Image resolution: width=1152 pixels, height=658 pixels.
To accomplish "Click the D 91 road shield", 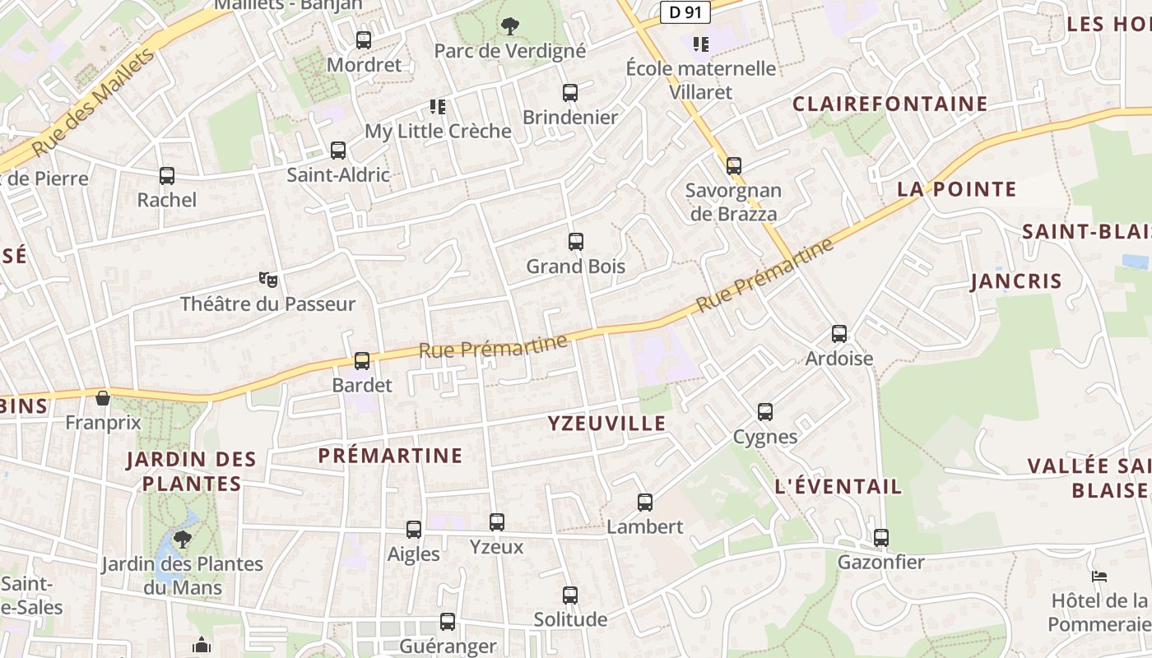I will (x=685, y=12).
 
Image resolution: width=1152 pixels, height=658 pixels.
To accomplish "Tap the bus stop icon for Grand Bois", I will (x=576, y=242).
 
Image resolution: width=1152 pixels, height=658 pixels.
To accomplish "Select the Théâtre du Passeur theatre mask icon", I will (x=267, y=280).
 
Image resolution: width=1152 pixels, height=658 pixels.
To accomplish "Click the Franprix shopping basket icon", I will (x=103, y=398).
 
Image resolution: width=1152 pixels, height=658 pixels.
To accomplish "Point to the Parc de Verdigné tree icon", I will (x=510, y=26).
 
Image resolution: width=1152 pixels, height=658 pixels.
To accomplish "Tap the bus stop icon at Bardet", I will (x=362, y=361).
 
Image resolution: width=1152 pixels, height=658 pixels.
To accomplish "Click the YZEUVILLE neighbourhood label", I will (x=606, y=424).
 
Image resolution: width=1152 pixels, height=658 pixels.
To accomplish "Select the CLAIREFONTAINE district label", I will (x=889, y=104).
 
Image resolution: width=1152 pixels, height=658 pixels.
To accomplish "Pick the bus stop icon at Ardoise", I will (x=839, y=334).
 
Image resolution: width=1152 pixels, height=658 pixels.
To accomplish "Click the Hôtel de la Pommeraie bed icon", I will (x=1099, y=577).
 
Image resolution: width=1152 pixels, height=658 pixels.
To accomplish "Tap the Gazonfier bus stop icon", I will (x=881, y=538).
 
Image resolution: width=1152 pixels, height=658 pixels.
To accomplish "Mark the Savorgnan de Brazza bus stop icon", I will (x=734, y=166).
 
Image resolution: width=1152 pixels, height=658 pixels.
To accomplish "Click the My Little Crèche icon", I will (x=438, y=106).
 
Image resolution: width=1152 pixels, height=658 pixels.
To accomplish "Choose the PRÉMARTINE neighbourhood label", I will (x=390, y=455).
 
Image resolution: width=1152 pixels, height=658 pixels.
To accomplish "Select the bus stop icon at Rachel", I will (x=167, y=176).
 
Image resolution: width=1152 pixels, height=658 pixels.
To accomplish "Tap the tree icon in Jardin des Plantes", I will (x=182, y=539).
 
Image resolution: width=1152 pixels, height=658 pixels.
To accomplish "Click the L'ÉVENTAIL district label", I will (x=838, y=486).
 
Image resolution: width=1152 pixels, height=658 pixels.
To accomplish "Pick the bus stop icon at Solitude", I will (x=570, y=595).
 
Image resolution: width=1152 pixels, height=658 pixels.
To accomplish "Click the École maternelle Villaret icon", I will (x=700, y=44).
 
